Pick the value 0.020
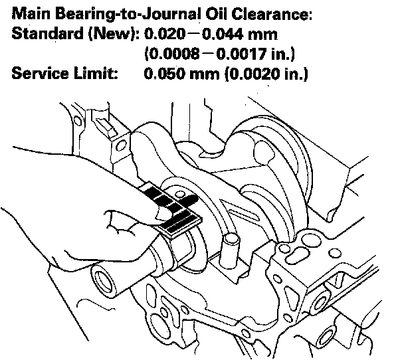click(163, 33)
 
